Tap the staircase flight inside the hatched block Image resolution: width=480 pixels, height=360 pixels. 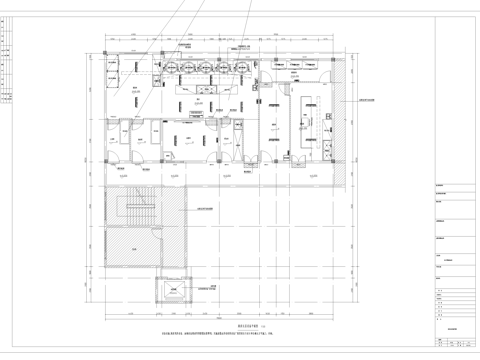point(130,211)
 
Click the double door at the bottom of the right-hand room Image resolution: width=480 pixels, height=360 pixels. point(297,158)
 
